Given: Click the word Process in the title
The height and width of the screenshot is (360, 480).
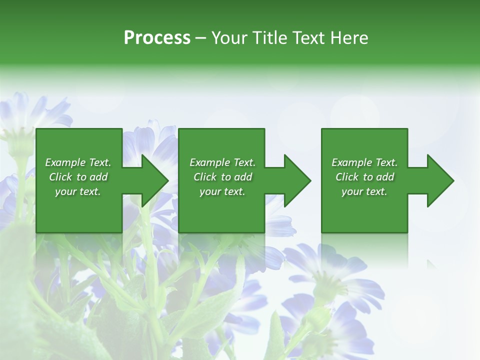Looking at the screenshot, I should tap(157, 38).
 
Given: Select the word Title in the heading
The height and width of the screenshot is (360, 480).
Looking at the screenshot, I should tap(271, 38).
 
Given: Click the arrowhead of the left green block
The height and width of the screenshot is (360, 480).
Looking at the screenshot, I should tap(155, 180).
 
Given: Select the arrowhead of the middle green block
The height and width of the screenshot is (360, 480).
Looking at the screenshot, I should tap(297, 180).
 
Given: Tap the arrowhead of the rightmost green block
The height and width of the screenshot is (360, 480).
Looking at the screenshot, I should tap(440, 180).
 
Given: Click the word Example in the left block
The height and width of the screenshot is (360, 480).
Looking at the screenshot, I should tap(64, 162).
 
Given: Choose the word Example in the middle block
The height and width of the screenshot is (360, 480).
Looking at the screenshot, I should tap(209, 162).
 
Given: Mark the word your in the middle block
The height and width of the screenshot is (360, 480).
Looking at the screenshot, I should tap(210, 192).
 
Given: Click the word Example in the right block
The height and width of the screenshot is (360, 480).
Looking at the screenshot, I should tap(351, 162).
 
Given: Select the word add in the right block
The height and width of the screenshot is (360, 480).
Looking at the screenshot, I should tap(385, 177).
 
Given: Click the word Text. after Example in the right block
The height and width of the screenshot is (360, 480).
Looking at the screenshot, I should tap(386, 162).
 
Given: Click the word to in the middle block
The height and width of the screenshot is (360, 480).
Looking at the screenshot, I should tap(226, 177).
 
